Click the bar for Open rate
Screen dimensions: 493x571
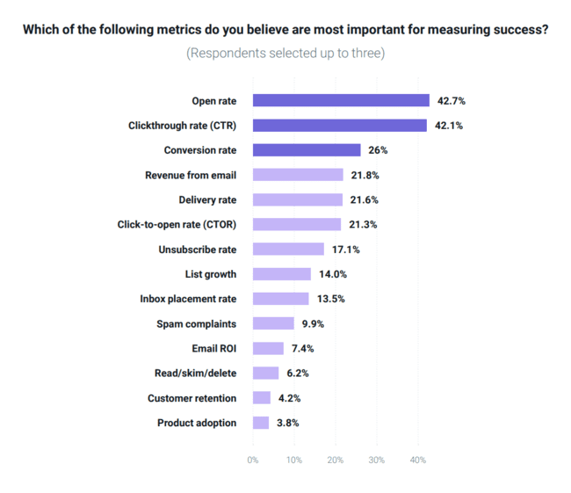click(341, 100)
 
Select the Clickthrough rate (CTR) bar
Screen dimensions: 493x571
click(340, 125)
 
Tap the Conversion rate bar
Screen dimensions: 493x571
click(307, 150)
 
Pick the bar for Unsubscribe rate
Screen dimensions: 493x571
click(288, 250)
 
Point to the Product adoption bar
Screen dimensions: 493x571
click(261, 423)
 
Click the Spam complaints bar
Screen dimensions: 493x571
click(273, 323)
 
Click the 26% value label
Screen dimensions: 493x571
click(379, 150)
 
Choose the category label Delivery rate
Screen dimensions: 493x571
click(207, 199)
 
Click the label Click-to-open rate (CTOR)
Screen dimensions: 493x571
click(177, 224)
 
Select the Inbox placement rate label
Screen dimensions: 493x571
click(188, 299)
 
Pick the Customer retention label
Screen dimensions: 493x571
click(192, 398)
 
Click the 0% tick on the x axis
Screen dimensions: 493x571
click(253, 460)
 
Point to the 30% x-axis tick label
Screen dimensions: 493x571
click(376, 460)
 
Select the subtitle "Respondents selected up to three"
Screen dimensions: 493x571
click(285, 53)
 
